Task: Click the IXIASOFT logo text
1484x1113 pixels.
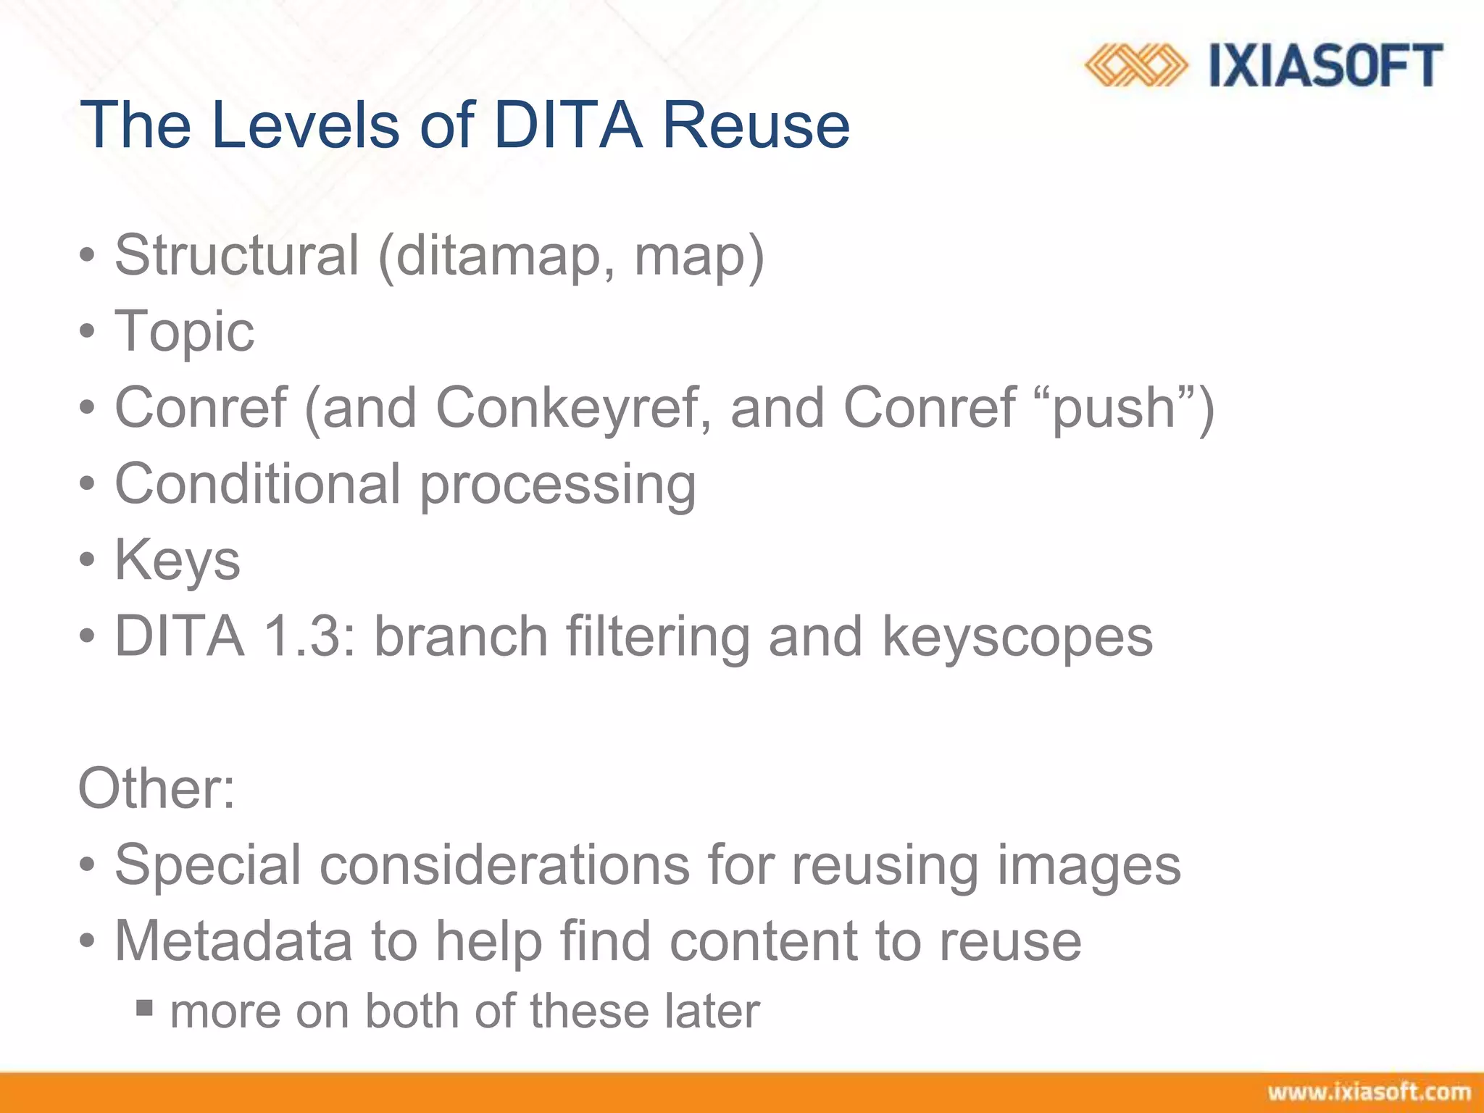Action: point(1326,66)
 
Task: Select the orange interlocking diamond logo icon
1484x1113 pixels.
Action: point(1135,66)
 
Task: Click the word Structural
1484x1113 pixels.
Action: point(236,255)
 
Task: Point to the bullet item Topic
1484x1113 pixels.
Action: point(184,331)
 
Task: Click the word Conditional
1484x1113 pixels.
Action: point(257,483)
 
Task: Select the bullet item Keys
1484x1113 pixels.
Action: point(178,560)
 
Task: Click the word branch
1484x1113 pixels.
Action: point(461,636)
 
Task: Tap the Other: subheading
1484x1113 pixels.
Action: point(157,788)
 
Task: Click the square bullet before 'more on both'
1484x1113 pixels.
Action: point(144,1007)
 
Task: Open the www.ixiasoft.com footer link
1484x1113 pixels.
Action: point(1369,1093)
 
